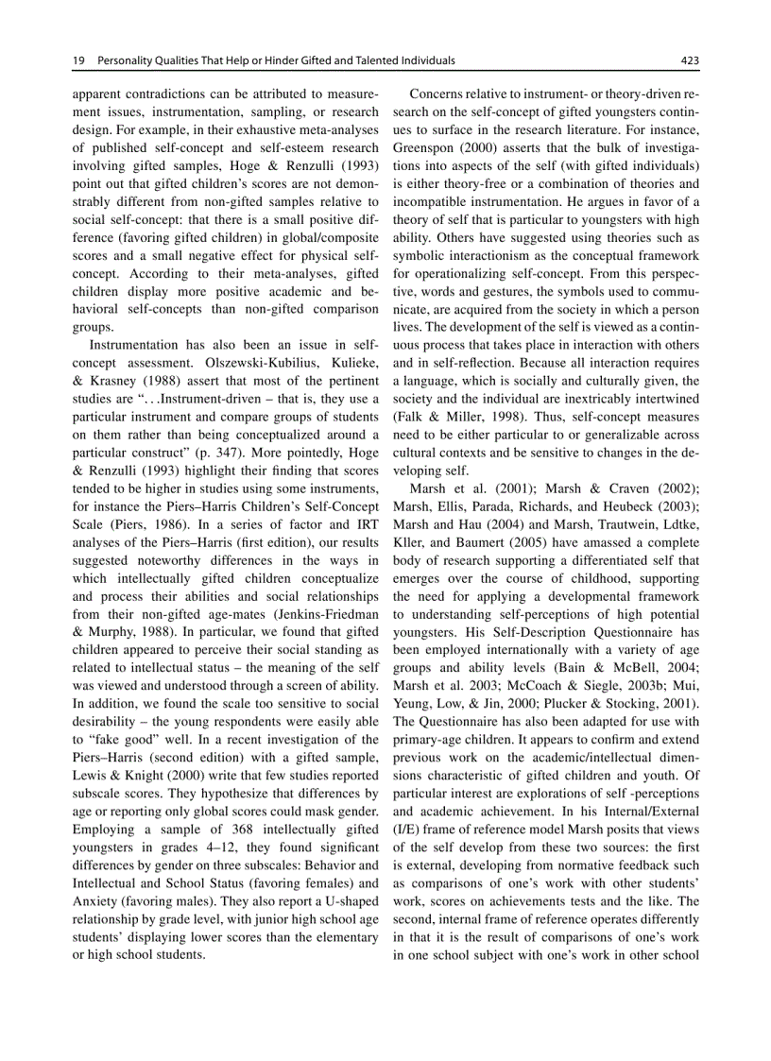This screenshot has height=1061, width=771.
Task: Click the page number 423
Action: tap(689, 60)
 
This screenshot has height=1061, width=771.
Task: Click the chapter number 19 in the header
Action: tap(78, 60)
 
